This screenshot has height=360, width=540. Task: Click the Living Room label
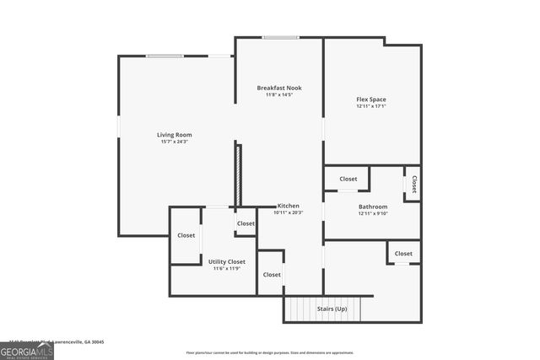(x=175, y=135)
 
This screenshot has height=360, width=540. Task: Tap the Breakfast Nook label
(x=279, y=88)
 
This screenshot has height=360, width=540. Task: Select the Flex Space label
(x=371, y=99)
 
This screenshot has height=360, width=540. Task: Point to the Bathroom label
(x=372, y=207)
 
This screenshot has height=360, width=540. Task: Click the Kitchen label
(x=289, y=206)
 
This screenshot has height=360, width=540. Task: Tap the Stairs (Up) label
(x=332, y=309)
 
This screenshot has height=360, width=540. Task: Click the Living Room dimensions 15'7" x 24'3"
(x=175, y=142)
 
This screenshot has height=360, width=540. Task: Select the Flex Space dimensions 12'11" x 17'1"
(x=371, y=106)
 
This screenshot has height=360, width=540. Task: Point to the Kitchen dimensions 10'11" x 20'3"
(x=289, y=212)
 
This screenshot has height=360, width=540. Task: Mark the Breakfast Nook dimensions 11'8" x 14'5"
(x=279, y=94)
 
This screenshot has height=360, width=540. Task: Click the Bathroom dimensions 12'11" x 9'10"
(x=372, y=213)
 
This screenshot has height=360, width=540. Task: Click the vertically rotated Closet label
(x=413, y=183)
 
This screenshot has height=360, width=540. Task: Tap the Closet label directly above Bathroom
(x=348, y=179)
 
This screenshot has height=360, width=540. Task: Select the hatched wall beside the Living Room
(x=239, y=175)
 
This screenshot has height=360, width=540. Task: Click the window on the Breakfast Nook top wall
(x=279, y=37)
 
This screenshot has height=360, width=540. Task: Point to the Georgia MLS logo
(x=27, y=348)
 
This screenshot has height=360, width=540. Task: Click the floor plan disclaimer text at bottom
(x=269, y=352)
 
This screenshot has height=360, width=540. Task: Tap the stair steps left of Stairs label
(x=300, y=309)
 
